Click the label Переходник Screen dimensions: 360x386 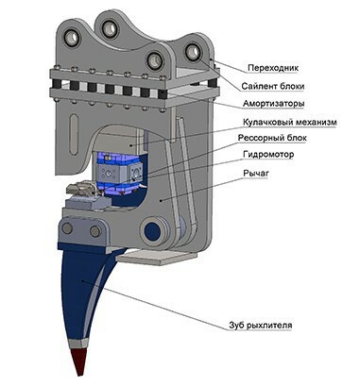coord(273,68)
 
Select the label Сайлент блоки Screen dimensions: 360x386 coord(273,86)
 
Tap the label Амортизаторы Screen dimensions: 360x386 coord(273,104)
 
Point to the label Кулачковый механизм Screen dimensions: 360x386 coord(290,122)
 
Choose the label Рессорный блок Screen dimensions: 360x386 coord(272,138)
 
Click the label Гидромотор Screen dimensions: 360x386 coord(268,155)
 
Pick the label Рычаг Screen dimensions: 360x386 coord(256,173)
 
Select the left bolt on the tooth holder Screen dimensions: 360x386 coord(67,228)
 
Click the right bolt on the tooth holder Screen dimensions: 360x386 coord(95,231)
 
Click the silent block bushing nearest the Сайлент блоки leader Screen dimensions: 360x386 coord(193,51)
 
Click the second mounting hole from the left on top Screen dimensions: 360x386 coord(111,27)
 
